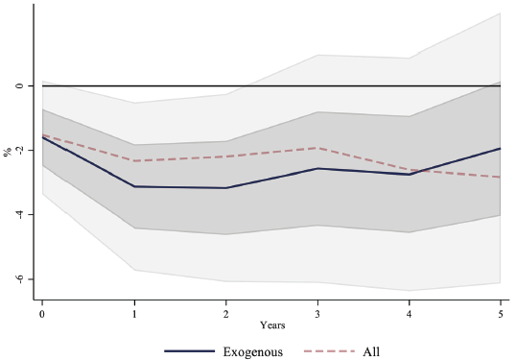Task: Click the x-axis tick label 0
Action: pyautogui.click(x=42, y=314)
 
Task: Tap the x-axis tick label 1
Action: pyautogui.click(x=134, y=314)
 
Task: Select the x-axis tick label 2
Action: pyautogui.click(x=226, y=314)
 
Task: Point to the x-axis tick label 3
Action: pyautogui.click(x=317, y=314)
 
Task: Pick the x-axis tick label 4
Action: pyautogui.click(x=410, y=314)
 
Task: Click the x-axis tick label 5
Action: pyautogui.click(x=501, y=314)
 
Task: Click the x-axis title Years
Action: pyautogui.click(x=271, y=326)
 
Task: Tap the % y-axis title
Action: pyautogui.click(x=8, y=151)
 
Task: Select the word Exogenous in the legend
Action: pyautogui.click(x=252, y=351)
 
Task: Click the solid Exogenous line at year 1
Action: pyautogui.click(x=134, y=186)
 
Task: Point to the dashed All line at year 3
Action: pyautogui.click(x=317, y=148)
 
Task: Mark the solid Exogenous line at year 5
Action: pyautogui.click(x=500, y=149)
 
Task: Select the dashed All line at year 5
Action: pyautogui.click(x=500, y=177)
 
